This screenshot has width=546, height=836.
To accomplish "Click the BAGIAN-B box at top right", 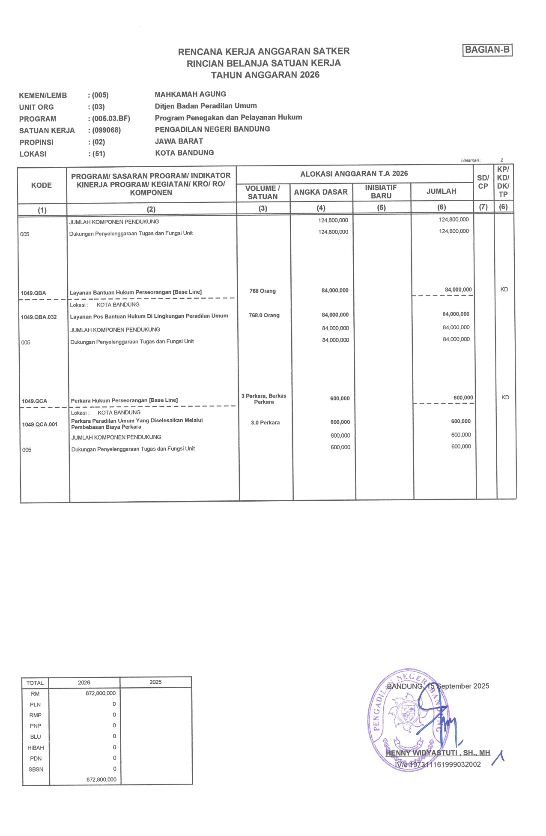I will (487, 50).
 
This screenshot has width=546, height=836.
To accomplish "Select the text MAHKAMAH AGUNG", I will (190, 94).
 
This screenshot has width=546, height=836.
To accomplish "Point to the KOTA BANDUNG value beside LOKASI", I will (184, 153).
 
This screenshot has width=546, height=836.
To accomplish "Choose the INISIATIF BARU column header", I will (381, 192).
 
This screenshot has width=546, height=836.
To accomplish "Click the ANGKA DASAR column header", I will (321, 192).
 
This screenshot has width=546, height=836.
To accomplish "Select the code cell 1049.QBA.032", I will (39, 317).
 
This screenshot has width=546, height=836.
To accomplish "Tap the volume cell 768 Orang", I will (263, 291).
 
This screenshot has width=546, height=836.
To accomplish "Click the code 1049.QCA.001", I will (40, 424).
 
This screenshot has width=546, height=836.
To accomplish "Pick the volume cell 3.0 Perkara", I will (265, 423).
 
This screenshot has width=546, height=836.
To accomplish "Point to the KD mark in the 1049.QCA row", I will (505, 397).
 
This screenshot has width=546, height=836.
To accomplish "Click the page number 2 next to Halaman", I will (501, 160).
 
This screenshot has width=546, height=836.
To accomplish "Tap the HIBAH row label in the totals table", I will (36, 748).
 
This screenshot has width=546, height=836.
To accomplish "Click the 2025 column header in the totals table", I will (155, 682).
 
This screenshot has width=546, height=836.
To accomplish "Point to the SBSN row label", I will (36, 770).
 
